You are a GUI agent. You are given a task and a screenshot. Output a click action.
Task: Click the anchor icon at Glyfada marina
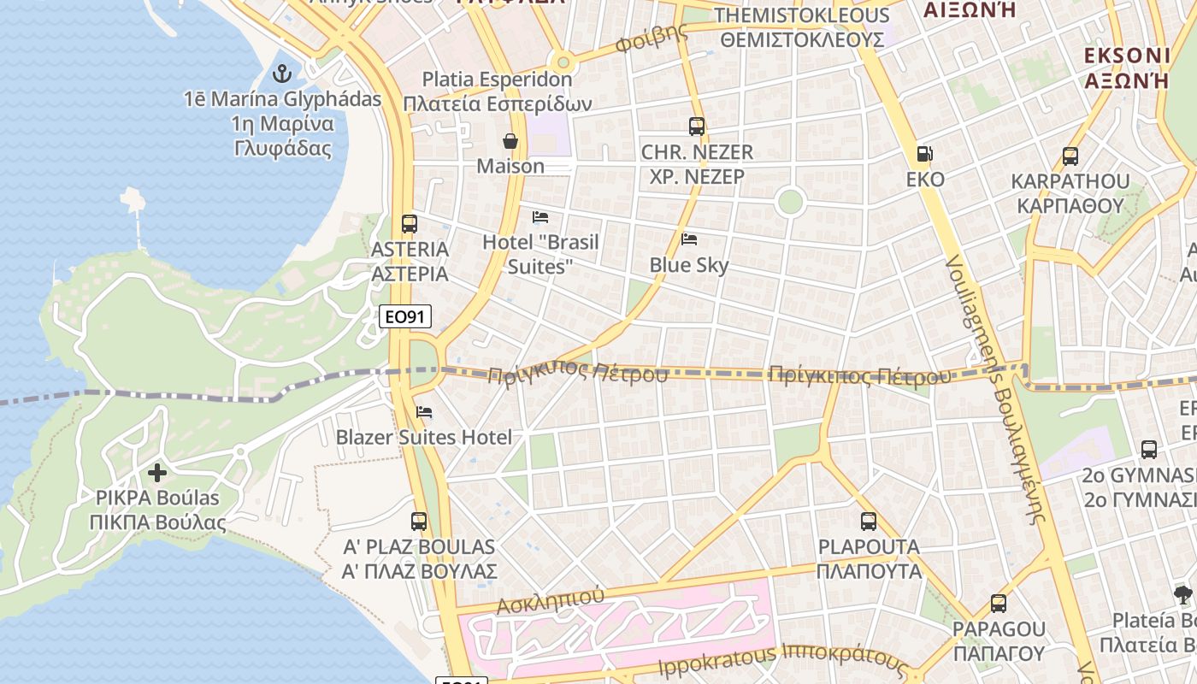pos(281,74)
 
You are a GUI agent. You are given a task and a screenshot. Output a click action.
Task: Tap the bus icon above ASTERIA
pos(410,224)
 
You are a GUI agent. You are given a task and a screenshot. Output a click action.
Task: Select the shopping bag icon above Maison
pos(510,141)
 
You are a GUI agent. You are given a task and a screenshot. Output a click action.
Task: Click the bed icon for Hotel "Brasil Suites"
pos(540,217)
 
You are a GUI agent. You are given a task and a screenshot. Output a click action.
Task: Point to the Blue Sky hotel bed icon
pos(689,239)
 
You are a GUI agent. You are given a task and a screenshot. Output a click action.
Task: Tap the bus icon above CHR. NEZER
pos(697,127)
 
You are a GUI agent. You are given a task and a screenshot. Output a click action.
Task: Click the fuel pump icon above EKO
pos(924,154)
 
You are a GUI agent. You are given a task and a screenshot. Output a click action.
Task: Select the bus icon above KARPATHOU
pos(1070,156)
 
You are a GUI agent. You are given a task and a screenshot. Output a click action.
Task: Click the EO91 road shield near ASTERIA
pos(405,317)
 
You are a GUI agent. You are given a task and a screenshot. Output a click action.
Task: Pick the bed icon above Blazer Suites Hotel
pos(424,412)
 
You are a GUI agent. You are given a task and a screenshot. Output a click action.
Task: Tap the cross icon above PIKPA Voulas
pos(157,472)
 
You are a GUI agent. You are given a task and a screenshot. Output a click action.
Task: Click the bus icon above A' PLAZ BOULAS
pos(419,521)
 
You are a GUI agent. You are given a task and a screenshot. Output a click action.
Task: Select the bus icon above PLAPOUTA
pos(869,521)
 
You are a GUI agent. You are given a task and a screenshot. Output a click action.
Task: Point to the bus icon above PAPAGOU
pos(999,604)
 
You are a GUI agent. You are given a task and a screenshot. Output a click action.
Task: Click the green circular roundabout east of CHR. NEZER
pos(790,203)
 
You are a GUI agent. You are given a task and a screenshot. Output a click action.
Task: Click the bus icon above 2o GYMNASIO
pos(1149,450)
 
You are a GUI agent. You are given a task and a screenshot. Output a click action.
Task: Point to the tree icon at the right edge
pos(1183,595)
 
